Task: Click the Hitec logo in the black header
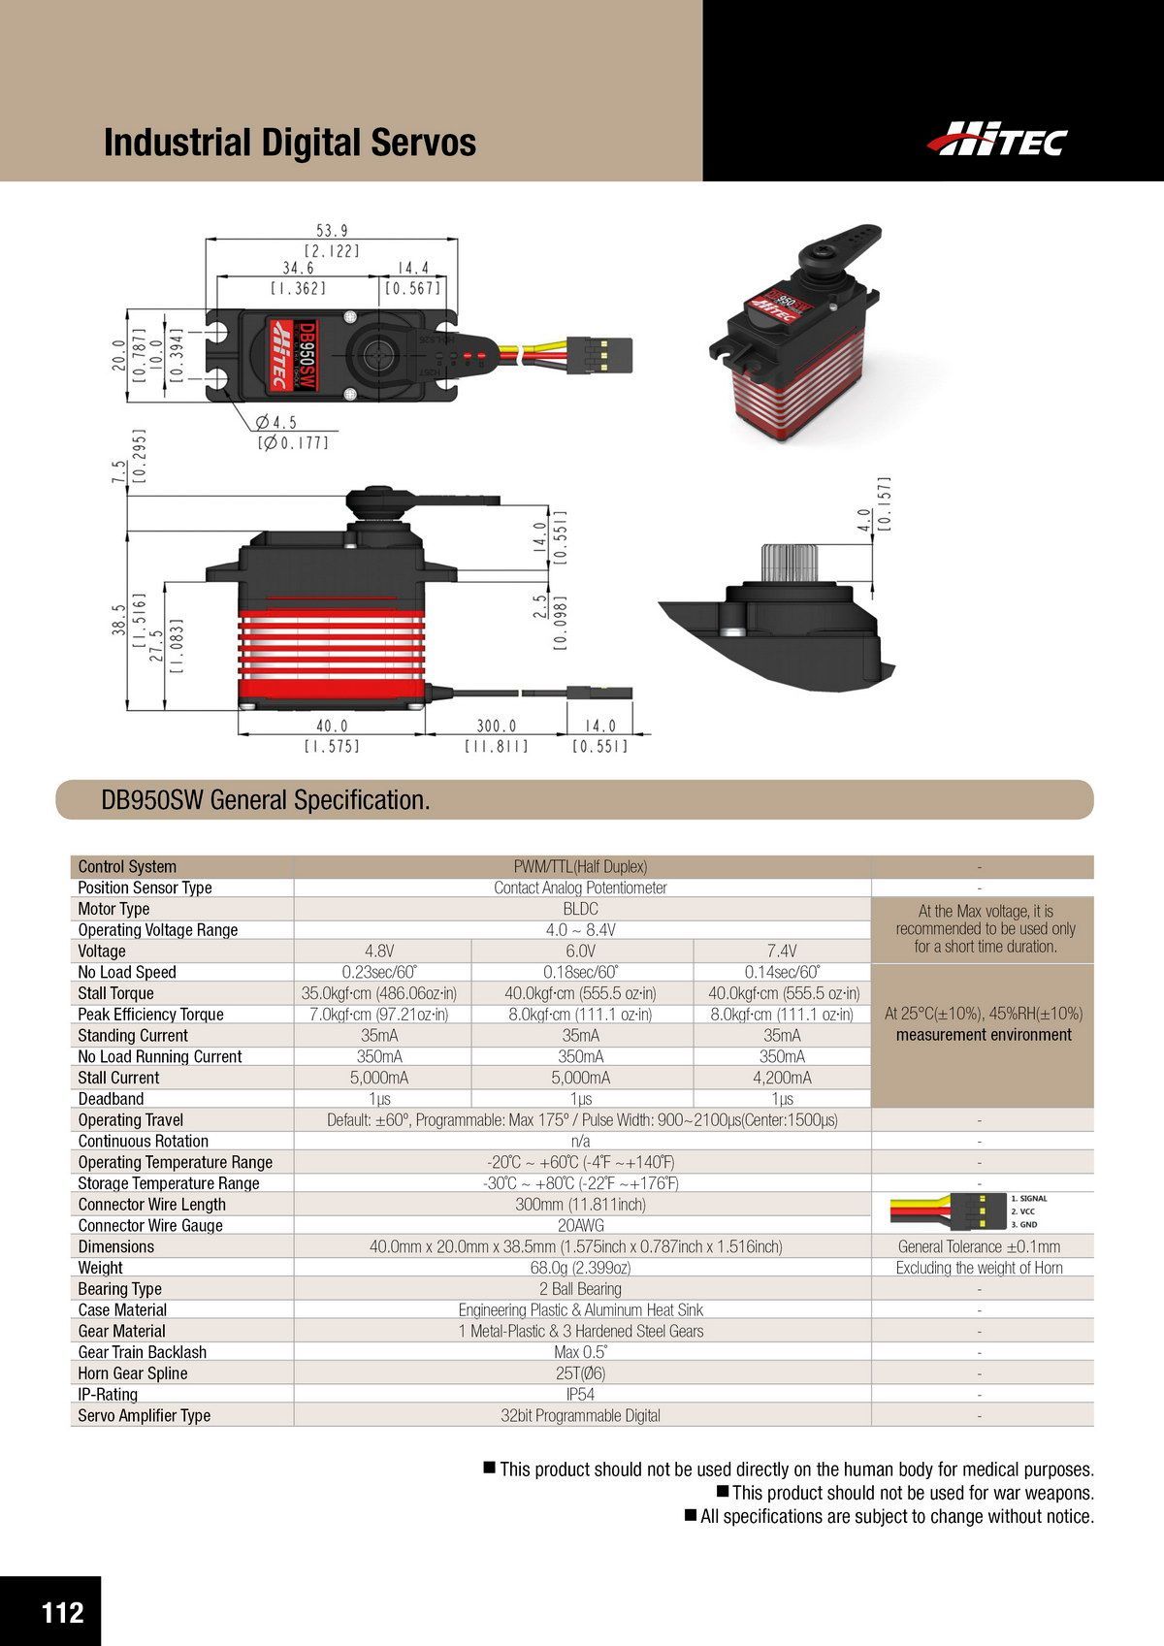pyautogui.click(x=996, y=141)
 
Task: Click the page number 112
pyautogui.click(x=62, y=1611)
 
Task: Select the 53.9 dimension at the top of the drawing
pyautogui.click(x=332, y=231)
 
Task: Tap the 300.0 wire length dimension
pyautogui.click(x=497, y=726)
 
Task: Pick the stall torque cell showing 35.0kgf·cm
pyautogui.click(x=379, y=993)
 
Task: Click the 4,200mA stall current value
pyautogui.click(x=782, y=1078)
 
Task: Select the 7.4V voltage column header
pyautogui.click(x=782, y=951)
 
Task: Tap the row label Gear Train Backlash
pyautogui.click(x=142, y=1352)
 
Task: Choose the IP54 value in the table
pyautogui.click(x=580, y=1394)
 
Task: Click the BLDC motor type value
pyautogui.click(x=580, y=909)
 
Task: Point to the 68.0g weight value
pyautogui.click(x=580, y=1268)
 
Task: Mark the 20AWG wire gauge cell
pyautogui.click(x=580, y=1225)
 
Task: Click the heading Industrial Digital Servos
pyautogui.click(x=290, y=143)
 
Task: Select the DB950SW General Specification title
pyautogui.click(x=266, y=800)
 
